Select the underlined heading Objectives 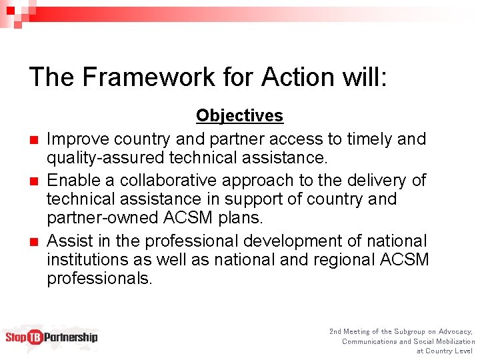pos(239,116)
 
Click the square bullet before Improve pos(33,140)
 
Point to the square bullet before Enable pos(33,181)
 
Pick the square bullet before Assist pos(33,241)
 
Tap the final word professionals pos(99,278)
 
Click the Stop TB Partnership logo pos(51,337)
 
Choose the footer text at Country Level pos(444,351)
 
